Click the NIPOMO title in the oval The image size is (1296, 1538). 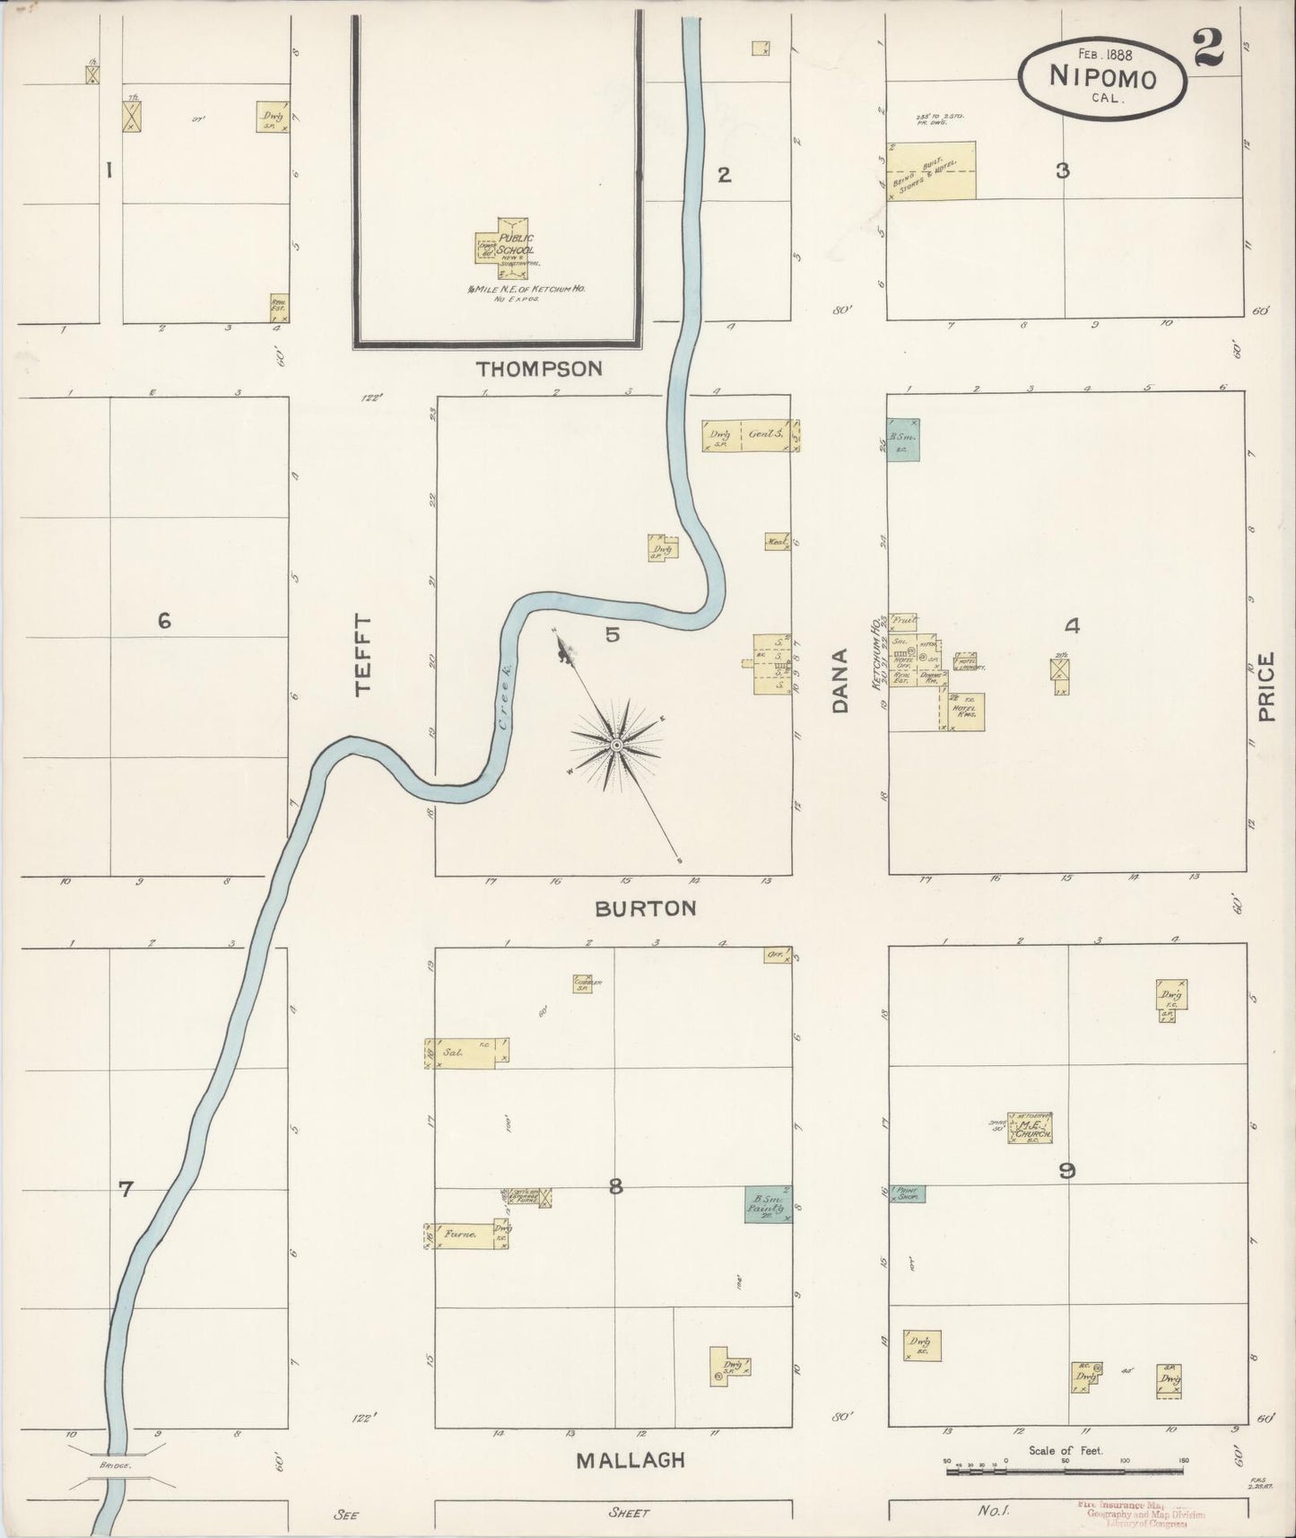pos(1102,77)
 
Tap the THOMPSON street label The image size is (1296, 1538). pos(538,368)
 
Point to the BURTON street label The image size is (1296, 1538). pos(645,908)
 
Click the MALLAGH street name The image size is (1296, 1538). pos(630,1460)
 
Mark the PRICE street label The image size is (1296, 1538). pos(1266,687)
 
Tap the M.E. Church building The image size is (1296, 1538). pos(1031,1128)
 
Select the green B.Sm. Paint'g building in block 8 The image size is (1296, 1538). pos(767,1205)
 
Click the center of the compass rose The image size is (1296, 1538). pos(617,746)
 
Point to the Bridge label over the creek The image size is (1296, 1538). pos(116,1465)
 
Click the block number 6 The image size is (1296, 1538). pos(164,620)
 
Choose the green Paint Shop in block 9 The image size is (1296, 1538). pos(907,1193)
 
